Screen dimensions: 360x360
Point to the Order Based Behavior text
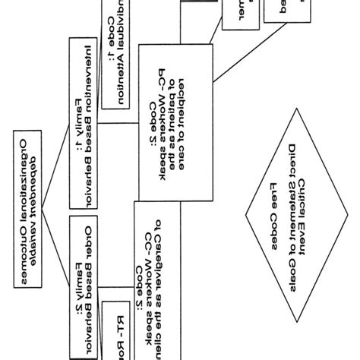tap(93, 281)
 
